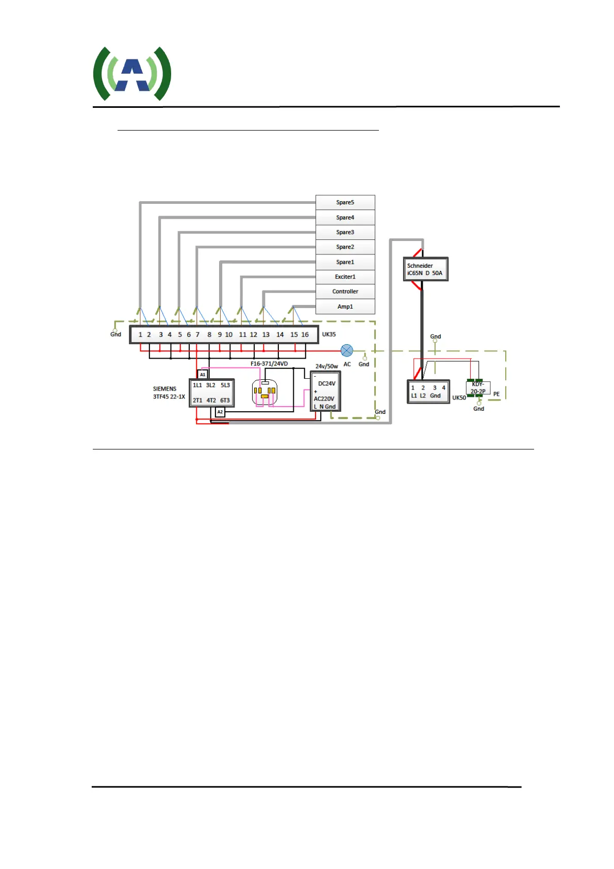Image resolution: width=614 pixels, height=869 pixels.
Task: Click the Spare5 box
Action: (x=345, y=202)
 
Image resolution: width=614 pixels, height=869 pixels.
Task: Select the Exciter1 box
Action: (x=345, y=277)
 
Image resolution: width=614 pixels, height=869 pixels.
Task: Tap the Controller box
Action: (x=345, y=292)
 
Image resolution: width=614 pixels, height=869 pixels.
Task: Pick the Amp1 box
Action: (x=345, y=307)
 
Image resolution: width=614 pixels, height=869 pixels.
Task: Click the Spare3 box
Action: (x=345, y=232)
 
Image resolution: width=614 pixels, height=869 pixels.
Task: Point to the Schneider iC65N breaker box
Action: (x=425, y=269)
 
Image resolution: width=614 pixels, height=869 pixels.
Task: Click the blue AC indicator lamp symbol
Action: (x=347, y=351)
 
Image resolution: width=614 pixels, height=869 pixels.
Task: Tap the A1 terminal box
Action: (x=203, y=375)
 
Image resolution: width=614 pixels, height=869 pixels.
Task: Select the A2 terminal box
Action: (x=220, y=412)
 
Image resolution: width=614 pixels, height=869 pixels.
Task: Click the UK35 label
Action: (x=329, y=334)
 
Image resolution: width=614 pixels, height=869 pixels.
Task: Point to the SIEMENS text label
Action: (x=164, y=389)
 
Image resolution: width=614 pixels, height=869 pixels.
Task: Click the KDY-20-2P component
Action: (x=478, y=388)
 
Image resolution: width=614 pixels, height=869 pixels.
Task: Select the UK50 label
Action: (x=459, y=398)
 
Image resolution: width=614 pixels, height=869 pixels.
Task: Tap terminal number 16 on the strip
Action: (x=305, y=334)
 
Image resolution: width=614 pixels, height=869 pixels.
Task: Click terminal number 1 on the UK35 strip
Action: (x=140, y=334)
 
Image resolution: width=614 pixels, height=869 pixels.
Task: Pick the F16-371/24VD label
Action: (x=269, y=364)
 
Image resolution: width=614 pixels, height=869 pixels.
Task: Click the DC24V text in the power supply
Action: (x=326, y=383)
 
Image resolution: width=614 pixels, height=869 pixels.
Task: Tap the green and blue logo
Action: (x=132, y=73)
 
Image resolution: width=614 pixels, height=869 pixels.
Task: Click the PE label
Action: (x=496, y=394)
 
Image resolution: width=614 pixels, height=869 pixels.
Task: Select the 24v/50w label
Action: (x=327, y=366)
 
